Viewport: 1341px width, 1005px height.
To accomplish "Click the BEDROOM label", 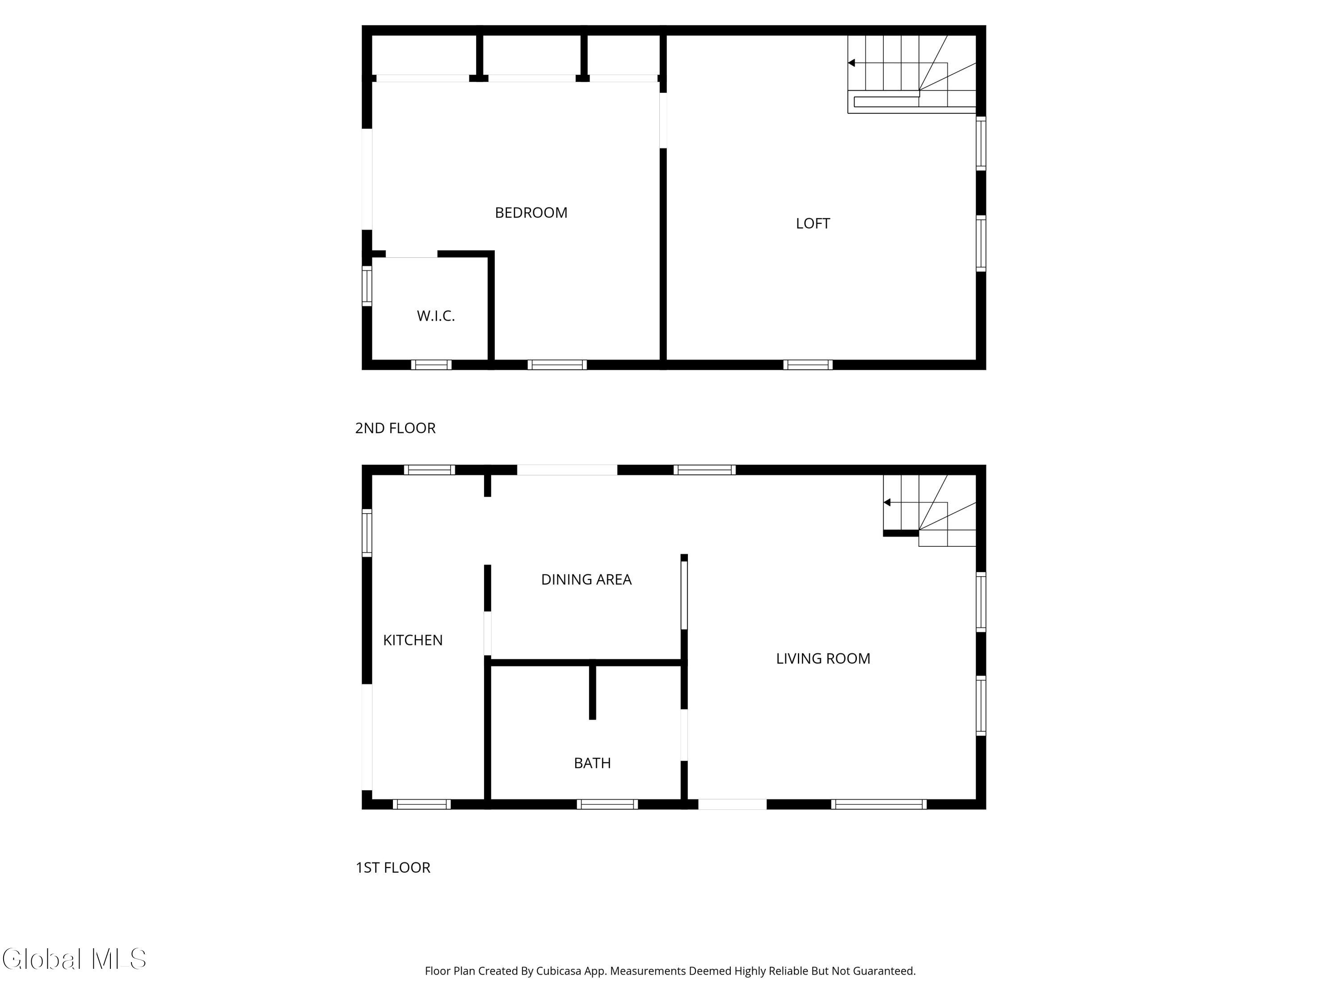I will point(531,213).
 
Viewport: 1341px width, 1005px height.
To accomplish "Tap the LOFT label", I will point(812,223).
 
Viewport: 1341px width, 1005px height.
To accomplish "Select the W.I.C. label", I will point(435,316).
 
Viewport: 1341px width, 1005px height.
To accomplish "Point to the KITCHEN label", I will point(413,641).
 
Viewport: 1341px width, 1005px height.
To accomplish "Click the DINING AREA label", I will point(586,580).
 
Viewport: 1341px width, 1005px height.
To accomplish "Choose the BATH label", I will point(592,763).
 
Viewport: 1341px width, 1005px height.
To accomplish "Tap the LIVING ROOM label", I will point(822,658).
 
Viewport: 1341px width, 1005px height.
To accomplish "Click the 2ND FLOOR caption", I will point(395,428).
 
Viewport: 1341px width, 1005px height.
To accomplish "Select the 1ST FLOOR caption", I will point(393,867).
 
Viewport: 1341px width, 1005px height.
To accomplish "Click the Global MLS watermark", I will point(74,959).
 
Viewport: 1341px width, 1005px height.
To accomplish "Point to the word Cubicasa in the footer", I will point(558,971).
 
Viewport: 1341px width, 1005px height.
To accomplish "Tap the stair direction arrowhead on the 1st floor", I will point(887,502).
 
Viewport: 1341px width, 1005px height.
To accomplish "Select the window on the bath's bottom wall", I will point(607,804).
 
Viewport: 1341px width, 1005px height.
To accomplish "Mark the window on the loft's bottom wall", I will point(808,364).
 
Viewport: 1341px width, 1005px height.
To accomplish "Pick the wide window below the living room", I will point(878,804).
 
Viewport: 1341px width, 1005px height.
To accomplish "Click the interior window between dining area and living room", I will point(684,595).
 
